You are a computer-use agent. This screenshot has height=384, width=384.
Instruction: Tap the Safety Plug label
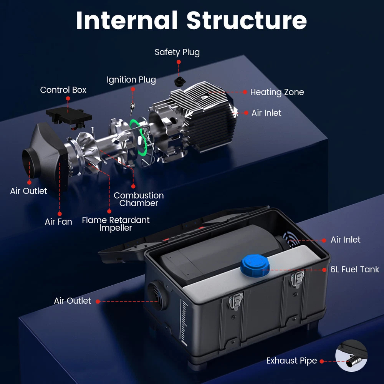tap(177, 52)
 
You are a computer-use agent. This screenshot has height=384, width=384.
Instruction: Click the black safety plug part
tap(180, 81)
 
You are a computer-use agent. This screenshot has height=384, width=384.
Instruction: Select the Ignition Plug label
tap(131, 80)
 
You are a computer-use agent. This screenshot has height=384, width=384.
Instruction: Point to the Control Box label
tap(63, 90)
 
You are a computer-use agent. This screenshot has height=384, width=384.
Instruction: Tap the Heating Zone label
tap(277, 92)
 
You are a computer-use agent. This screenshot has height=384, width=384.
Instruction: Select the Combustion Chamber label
tap(139, 199)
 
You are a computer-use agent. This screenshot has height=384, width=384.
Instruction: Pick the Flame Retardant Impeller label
tap(116, 224)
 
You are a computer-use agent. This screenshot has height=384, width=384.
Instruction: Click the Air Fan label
tap(58, 222)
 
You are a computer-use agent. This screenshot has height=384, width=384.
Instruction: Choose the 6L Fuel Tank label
tap(355, 270)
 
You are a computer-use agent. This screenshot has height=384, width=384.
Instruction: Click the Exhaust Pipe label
tap(292, 361)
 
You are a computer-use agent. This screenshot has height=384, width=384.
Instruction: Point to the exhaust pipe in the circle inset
tap(351, 362)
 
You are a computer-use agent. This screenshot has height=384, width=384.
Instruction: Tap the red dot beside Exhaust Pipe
tap(322, 361)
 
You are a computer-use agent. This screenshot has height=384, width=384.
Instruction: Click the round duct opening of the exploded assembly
tap(30, 161)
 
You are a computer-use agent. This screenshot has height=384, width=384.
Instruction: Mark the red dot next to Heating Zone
tap(245, 92)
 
